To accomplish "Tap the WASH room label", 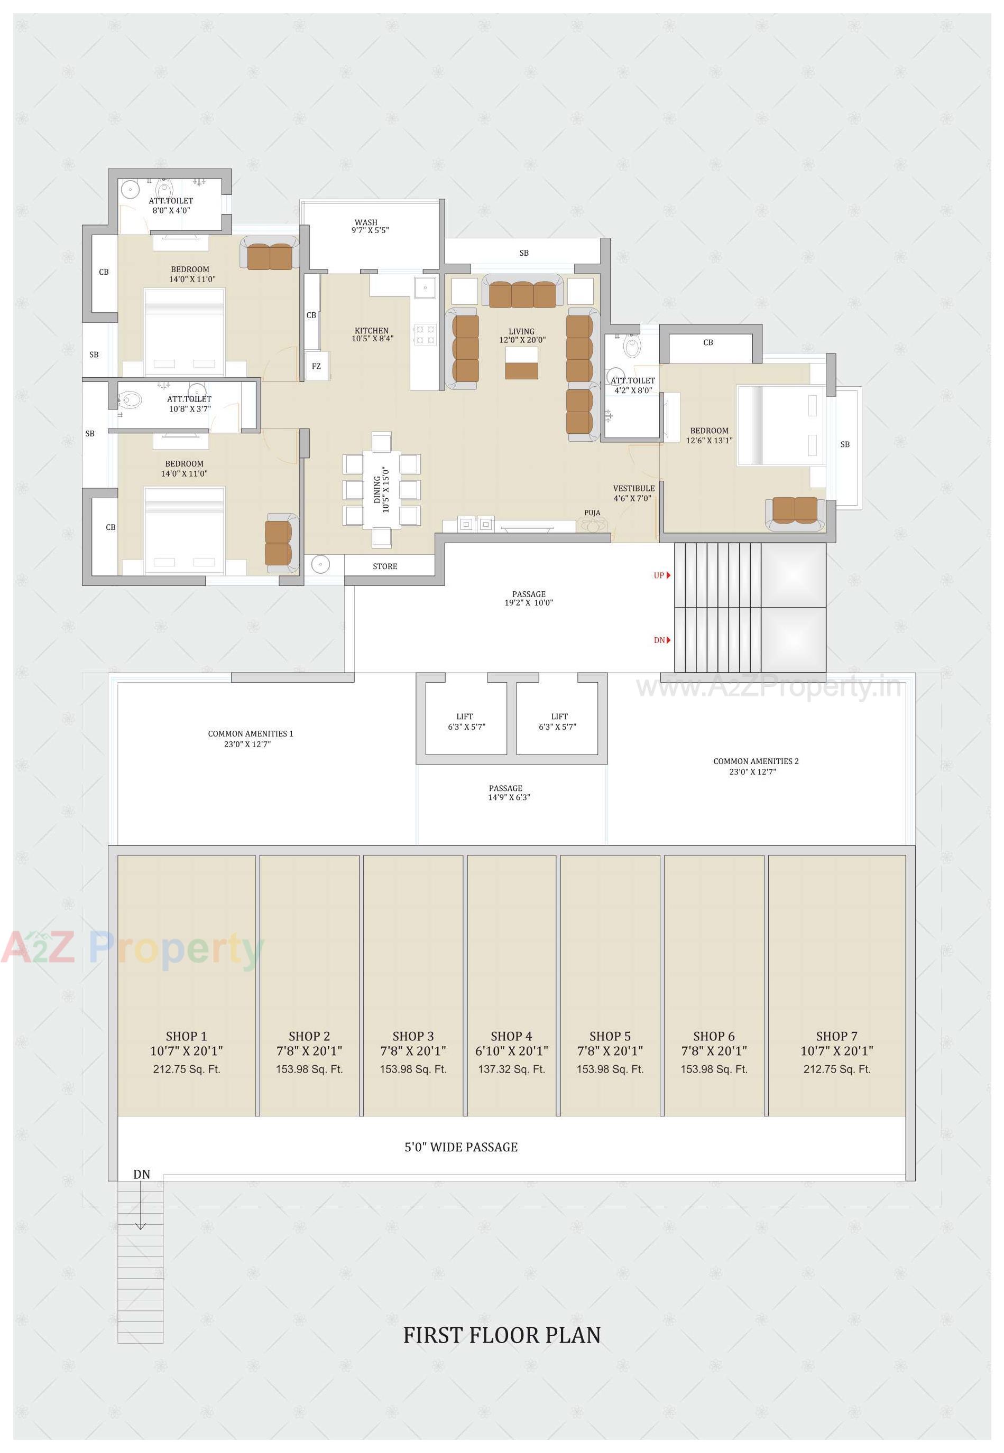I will pos(366,222).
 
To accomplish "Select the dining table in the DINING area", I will pos(381,489).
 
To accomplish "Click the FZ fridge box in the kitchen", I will pos(316,366).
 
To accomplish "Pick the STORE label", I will pos(384,566).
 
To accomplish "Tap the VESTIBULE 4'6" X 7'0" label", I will pos(633,493).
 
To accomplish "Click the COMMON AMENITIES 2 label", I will pos(755,761).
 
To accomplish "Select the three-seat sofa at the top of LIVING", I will pos(522,294).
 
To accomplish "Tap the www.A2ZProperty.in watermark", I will pos(768,688).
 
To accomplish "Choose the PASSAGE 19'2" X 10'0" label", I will pos(528,598).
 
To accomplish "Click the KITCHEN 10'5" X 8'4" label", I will pos(372,334).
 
